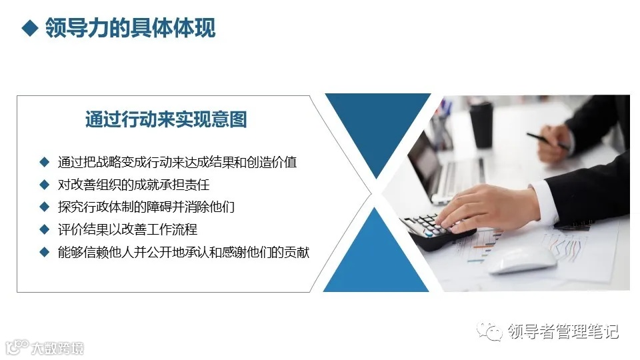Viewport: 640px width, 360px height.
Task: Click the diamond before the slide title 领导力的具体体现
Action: click(x=28, y=29)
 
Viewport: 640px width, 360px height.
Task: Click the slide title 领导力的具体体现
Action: click(x=131, y=29)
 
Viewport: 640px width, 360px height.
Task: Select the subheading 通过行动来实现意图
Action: click(x=166, y=120)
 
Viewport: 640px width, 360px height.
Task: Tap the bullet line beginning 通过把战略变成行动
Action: click(x=177, y=162)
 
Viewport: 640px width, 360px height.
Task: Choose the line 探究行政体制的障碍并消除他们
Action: click(x=147, y=207)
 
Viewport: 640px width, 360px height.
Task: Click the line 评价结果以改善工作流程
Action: click(x=127, y=230)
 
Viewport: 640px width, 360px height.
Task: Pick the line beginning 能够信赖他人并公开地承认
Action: click(x=183, y=253)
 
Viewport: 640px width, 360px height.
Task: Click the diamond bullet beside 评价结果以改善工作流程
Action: click(x=44, y=229)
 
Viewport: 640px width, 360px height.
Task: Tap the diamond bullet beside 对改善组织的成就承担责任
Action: click(x=44, y=184)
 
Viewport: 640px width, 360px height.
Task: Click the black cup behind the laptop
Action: click(x=481, y=124)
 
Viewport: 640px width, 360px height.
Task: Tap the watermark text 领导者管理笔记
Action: click(x=563, y=331)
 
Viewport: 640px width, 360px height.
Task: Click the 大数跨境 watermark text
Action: click(x=57, y=347)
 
